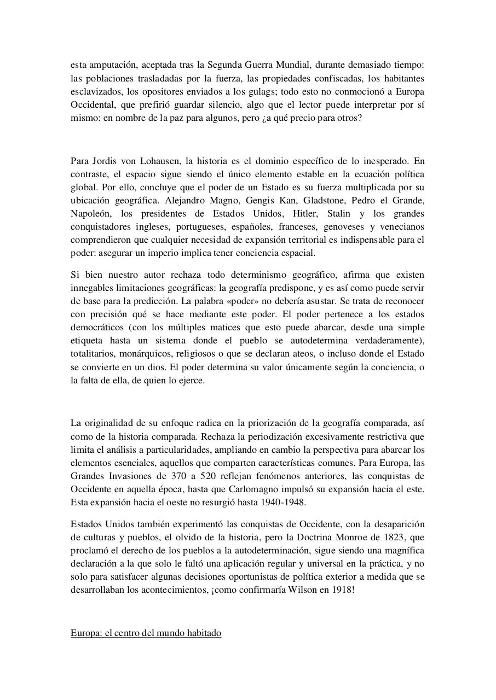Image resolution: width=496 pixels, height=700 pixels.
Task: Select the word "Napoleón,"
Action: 90,213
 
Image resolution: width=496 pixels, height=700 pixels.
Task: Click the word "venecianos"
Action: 404,226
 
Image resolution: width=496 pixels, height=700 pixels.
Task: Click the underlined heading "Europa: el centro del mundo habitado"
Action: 146,633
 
